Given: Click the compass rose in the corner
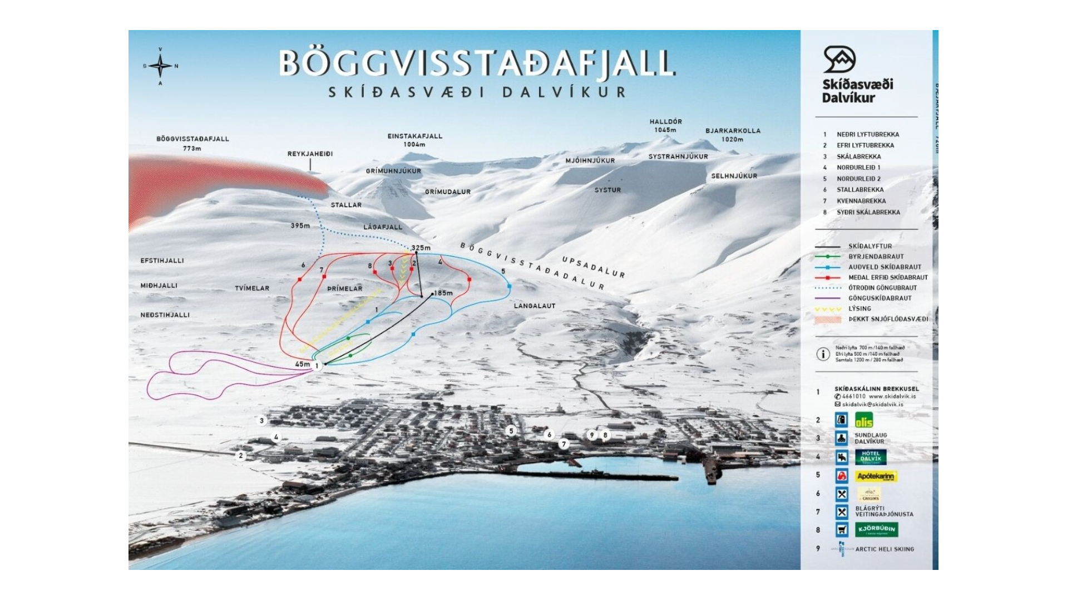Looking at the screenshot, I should click(160, 66).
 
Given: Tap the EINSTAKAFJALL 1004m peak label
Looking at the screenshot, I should click(415, 140).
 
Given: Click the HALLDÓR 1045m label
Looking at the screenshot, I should click(665, 125).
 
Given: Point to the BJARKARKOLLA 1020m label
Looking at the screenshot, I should click(733, 135).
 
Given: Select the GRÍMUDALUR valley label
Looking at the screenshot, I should click(448, 191).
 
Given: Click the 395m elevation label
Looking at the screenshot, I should click(300, 225).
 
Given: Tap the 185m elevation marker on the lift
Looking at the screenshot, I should click(443, 293).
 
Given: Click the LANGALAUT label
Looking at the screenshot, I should click(534, 306).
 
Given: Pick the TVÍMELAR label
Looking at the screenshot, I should click(251, 288).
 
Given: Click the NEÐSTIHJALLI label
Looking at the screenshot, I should click(165, 314).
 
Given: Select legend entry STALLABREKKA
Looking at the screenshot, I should click(859, 190).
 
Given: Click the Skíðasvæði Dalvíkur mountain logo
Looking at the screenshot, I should click(839, 60).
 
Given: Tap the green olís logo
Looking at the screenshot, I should click(864, 420).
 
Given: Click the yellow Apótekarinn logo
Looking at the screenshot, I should click(876, 476).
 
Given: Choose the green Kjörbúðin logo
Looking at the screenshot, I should click(876, 529).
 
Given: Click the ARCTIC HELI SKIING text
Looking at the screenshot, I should click(884, 549).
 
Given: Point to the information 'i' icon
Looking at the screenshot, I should click(823, 353).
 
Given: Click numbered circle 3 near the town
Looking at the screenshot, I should click(262, 420).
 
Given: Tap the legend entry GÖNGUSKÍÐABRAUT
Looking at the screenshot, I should click(880, 298).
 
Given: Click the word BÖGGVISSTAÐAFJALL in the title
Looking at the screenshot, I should click(477, 63).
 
